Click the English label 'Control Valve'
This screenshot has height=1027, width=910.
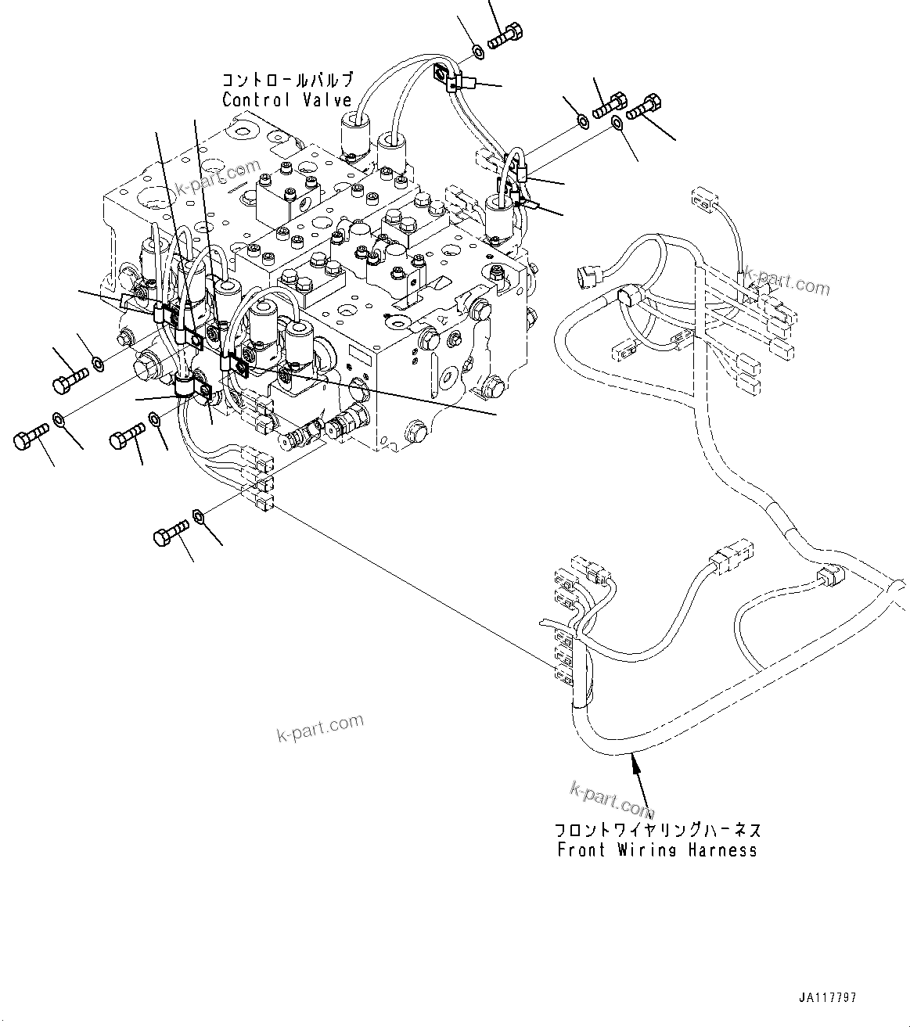tap(286, 100)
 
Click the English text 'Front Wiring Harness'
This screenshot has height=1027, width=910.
tap(656, 850)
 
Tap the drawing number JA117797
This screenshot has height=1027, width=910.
tap(827, 999)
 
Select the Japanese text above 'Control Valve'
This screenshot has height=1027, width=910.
tap(287, 80)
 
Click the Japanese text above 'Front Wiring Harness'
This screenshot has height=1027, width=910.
tap(656, 830)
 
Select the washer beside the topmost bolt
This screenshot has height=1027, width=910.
tap(477, 52)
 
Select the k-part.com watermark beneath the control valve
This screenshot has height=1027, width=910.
tap(320, 728)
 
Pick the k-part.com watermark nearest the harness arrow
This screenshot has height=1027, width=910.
tap(611, 798)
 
